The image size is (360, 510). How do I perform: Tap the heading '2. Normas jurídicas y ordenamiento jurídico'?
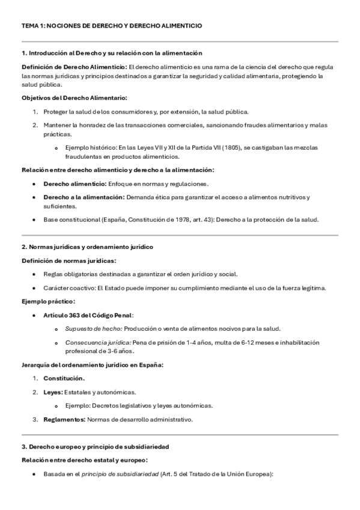[87, 247]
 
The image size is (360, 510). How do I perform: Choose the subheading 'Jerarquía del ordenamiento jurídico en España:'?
[93, 364]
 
